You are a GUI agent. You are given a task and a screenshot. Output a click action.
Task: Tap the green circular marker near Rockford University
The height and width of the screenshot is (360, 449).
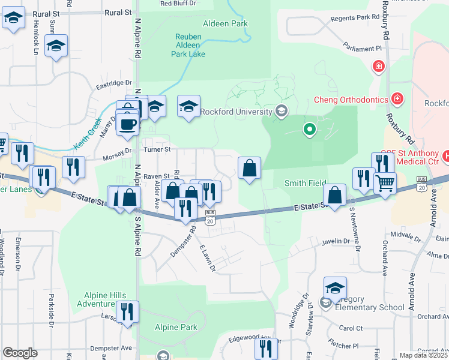tap(309, 128)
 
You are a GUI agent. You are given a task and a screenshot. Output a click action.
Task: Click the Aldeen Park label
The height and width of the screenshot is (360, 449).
tap(226, 24)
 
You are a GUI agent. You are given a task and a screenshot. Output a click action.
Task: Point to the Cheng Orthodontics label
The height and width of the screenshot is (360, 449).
tap(348, 100)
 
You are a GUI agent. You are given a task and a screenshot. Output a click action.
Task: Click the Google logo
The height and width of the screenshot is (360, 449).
tap(20, 353)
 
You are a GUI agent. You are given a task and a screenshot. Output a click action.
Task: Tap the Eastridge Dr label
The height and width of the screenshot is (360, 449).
tap(113, 83)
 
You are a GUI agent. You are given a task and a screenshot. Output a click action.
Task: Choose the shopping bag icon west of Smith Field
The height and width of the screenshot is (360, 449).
tap(249, 169)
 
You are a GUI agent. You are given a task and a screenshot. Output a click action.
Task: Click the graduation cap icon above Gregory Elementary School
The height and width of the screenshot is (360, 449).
tap(335, 287)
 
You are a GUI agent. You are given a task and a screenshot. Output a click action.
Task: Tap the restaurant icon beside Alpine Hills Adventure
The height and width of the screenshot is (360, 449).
tap(127, 311)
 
